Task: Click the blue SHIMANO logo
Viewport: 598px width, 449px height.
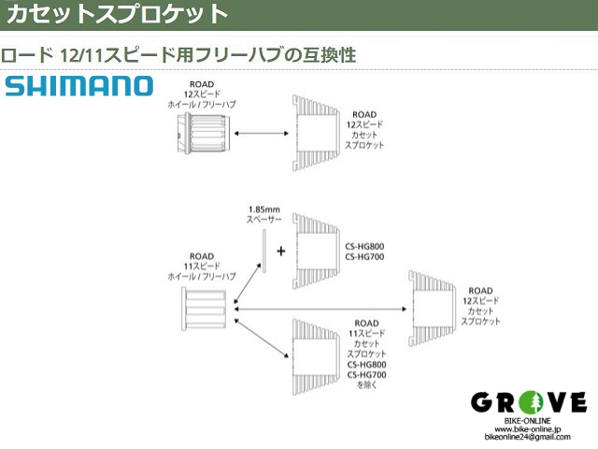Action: (78, 86)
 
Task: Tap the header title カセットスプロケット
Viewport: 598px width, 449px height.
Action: (117, 14)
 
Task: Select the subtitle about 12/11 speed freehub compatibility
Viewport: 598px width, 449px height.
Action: (178, 55)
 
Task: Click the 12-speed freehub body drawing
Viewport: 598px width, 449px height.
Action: (204, 133)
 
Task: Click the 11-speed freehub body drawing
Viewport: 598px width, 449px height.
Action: (204, 310)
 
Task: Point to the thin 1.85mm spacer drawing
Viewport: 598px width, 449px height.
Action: (263, 251)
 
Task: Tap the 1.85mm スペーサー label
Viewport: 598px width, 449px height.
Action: (263, 214)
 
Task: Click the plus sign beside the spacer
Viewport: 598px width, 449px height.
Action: (281, 252)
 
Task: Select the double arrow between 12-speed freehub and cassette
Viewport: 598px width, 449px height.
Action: (262, 133)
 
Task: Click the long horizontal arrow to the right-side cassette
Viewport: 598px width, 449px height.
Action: (320, 309)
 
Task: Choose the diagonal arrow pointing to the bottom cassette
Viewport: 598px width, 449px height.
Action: (262, 339)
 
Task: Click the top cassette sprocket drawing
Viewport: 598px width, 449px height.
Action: (316, 133)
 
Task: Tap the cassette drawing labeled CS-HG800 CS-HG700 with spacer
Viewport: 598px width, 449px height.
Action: (316, 251)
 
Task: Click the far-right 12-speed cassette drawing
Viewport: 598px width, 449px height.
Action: (432, 309)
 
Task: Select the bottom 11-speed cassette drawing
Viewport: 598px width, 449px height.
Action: (316, 356)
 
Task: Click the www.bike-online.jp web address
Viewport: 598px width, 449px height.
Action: (527, 429)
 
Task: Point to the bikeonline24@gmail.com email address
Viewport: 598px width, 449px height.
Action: (527, 437)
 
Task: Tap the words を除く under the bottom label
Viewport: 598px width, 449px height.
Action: (366, 384)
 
